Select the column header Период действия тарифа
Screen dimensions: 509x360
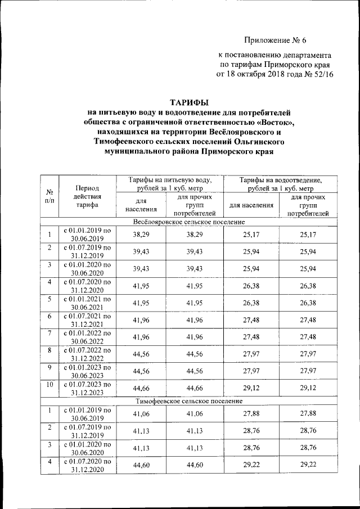86,197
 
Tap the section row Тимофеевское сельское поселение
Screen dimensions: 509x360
189,401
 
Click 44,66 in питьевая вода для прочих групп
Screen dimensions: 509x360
194,389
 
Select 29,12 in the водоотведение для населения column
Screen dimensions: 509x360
250,389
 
